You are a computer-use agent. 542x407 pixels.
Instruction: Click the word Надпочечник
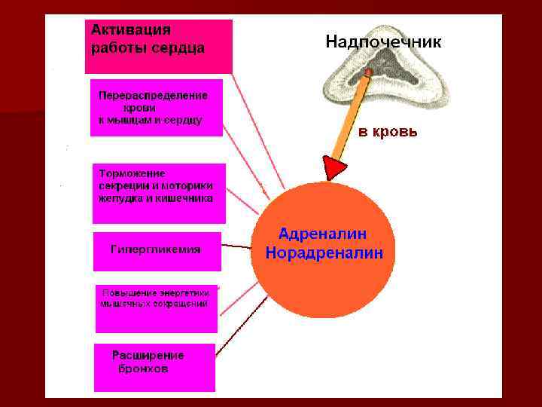383,42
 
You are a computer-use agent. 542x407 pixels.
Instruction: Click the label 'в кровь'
387,133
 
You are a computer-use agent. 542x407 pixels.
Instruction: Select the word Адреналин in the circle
323,234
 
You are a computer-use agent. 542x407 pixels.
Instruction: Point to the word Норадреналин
324,253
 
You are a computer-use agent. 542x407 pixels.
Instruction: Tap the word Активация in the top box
131,30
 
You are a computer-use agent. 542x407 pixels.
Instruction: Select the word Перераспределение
153,96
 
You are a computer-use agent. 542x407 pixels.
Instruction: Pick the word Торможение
132,173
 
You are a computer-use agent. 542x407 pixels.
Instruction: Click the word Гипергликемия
156,249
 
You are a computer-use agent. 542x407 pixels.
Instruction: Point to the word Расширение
148,355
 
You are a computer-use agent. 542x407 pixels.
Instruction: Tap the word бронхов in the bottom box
143,369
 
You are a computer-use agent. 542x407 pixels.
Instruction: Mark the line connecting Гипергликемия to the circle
238,246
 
